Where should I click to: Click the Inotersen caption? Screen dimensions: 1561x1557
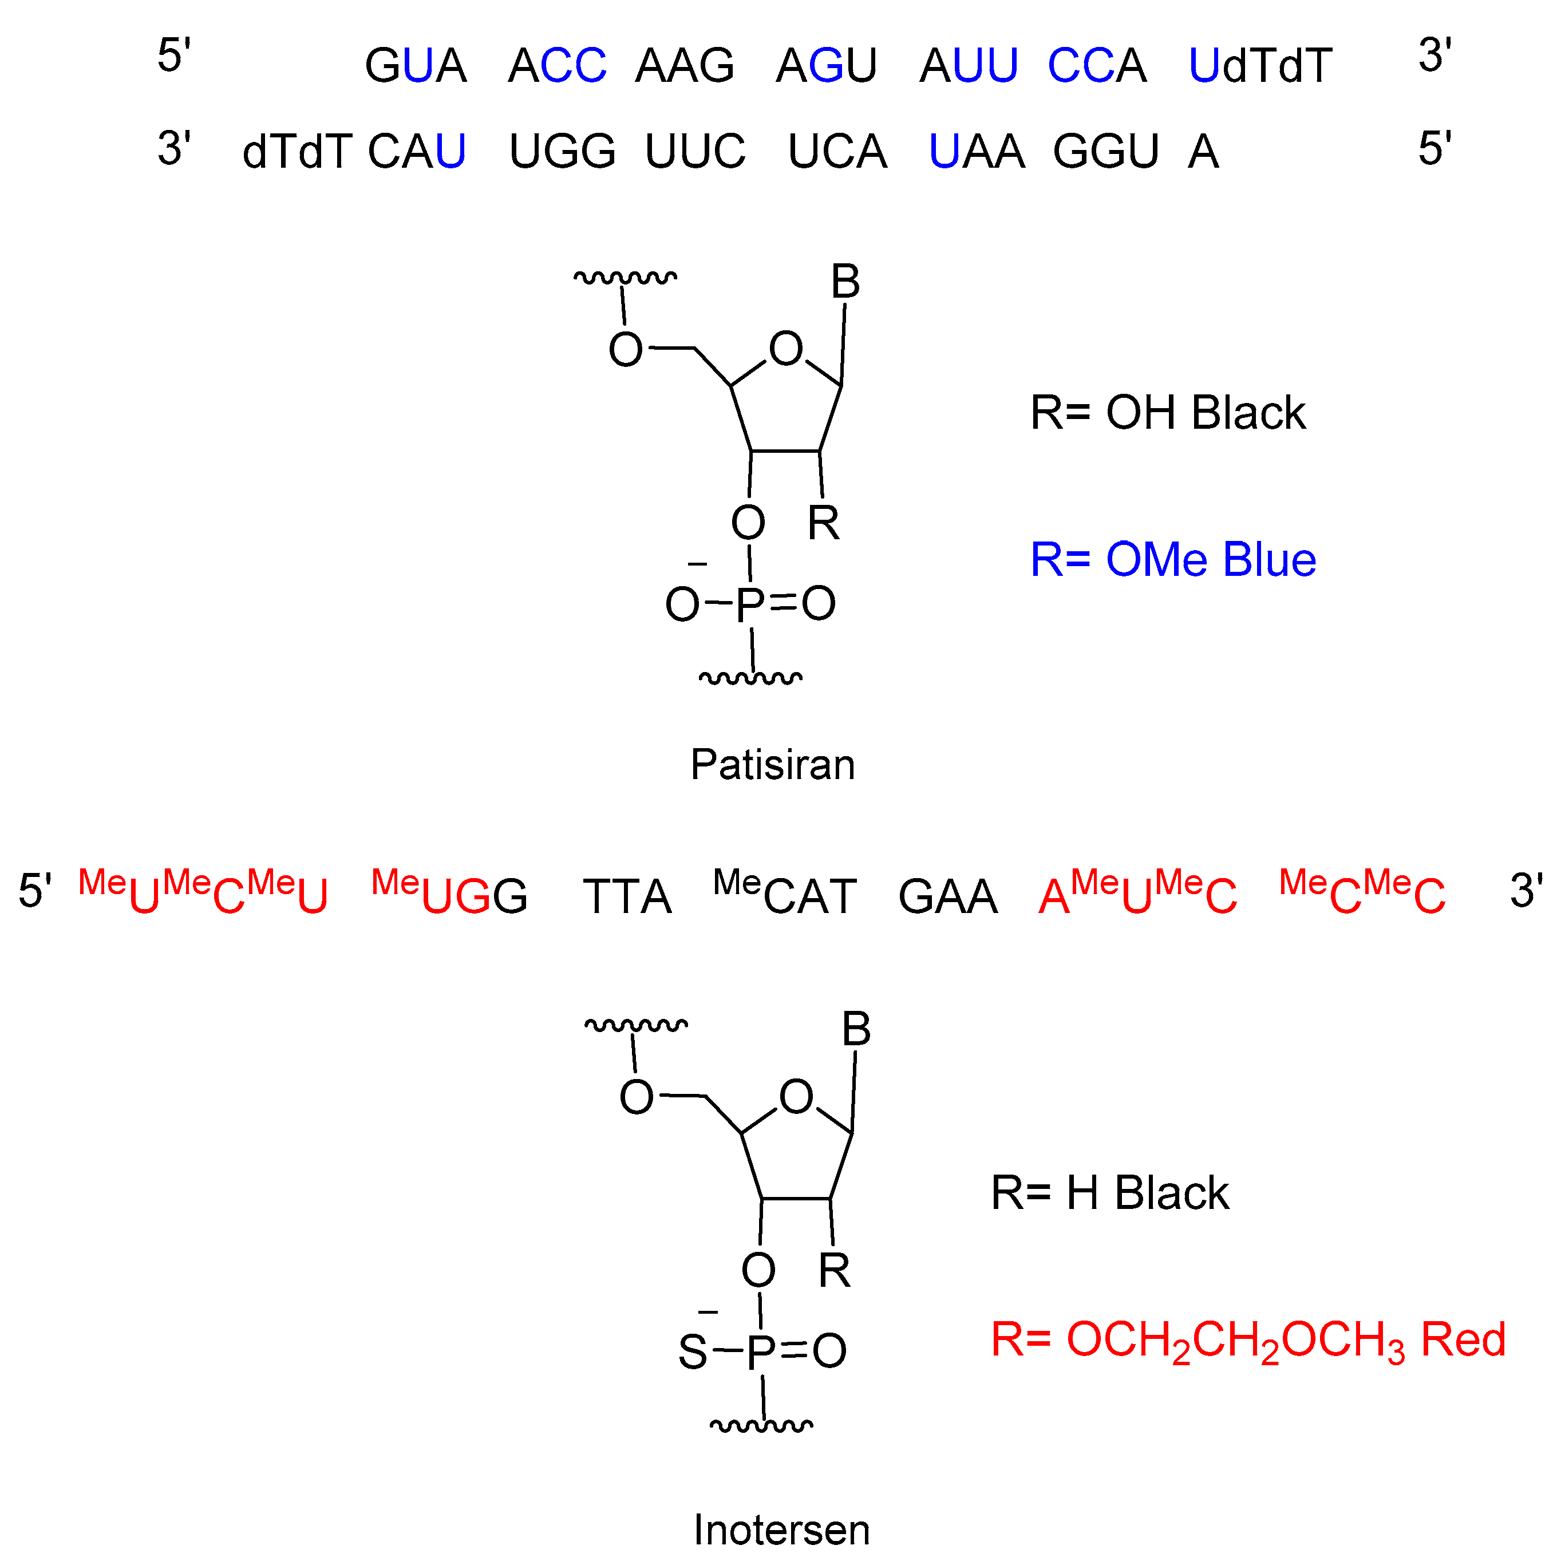[781, 1530]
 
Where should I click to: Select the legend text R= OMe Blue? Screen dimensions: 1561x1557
[1172, 559]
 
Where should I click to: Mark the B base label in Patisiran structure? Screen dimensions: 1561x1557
[845, 282]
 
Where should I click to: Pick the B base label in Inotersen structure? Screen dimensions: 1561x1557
[856, 1029]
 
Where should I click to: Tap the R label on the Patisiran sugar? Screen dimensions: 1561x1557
[823, 524]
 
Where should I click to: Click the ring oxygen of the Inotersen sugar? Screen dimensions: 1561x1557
[796, 1096]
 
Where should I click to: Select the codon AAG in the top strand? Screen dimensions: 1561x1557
[685, 65]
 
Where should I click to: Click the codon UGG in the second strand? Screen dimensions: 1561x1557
[562, 151]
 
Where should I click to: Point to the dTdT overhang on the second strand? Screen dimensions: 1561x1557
[297, 151]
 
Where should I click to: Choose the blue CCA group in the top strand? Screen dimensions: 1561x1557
[1096, 65]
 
